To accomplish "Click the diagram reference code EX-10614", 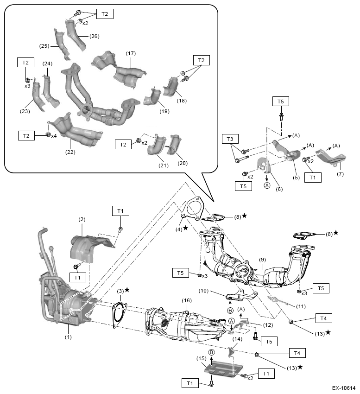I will [x=343, y=388].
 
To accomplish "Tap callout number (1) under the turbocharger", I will [x=68, y=337].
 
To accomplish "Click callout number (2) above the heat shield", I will [x=82, y=219].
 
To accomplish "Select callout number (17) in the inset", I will [x=131, y=54].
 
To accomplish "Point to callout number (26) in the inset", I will [x=94, y=36].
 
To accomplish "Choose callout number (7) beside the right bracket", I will [x=340, y=174].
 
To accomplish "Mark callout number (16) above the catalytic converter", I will [x=186, y=300].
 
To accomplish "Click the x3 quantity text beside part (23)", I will [x=27, y=86].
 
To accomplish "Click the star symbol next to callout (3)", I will [x=126, y=290].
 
